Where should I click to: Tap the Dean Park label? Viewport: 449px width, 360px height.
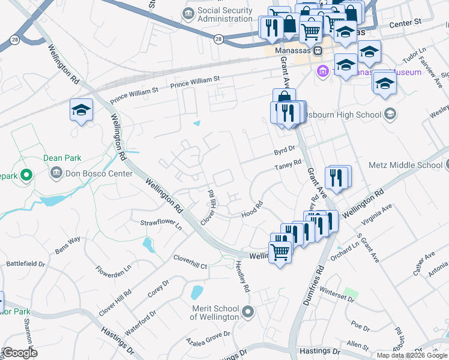[x=62, y=158]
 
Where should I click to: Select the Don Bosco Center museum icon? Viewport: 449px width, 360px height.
[x=56, y=173]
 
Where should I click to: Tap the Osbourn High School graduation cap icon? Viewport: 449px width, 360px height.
[x=390, y=114]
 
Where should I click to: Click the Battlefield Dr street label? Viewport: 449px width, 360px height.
[x=25, y=263]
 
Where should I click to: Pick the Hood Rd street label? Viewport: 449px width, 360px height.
[x=252, y=208]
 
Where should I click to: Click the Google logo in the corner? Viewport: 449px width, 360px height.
[x=20, y=352]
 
